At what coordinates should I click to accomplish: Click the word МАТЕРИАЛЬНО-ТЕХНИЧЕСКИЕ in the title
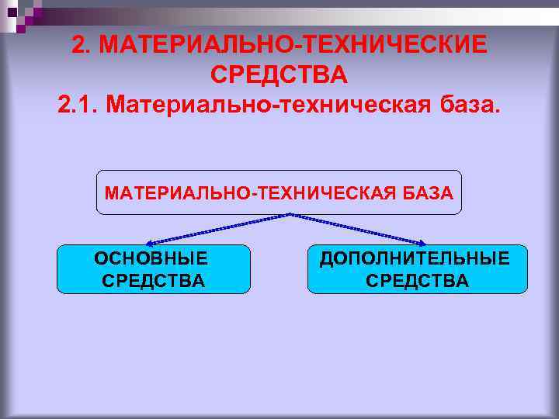294,45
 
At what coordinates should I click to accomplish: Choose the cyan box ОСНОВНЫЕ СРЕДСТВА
153,269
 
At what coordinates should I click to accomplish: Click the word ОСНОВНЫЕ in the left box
151,258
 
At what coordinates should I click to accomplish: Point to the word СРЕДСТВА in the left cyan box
153,280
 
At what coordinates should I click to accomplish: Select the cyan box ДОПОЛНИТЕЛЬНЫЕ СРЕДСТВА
417,269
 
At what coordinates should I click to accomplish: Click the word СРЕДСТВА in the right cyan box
417,280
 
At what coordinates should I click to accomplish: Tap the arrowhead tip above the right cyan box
425,244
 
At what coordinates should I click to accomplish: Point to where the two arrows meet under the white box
289,214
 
